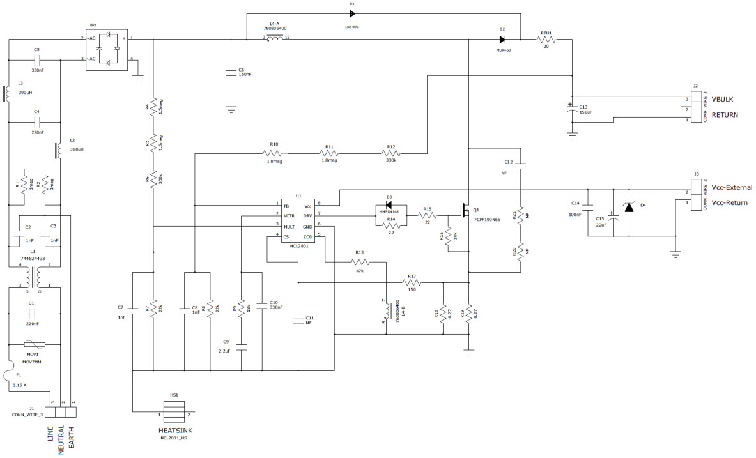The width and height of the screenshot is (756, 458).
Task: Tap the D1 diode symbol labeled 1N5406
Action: [352, 13]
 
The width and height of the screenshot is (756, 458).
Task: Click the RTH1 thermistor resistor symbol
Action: [546, 40]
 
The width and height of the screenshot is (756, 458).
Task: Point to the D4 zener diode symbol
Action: [629, 208]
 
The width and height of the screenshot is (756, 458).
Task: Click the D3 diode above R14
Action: [389, 205]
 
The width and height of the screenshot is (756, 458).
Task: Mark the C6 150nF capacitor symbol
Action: [231, 73]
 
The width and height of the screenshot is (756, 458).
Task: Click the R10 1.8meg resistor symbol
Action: [274, 153]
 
